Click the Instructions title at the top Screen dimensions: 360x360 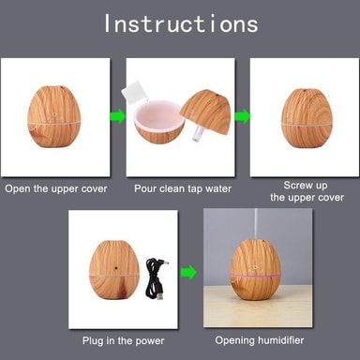181,23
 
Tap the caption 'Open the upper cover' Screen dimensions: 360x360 56,188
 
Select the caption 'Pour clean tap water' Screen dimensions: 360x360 183,188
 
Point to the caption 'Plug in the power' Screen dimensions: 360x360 123,340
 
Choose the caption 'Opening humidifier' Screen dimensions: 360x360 260,340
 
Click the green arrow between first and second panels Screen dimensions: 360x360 117,116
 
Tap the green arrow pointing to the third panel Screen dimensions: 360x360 243,116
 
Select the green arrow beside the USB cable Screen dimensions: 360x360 188,273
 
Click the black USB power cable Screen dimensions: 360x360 156,278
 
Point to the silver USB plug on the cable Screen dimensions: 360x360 160,296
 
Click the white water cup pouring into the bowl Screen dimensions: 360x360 134,91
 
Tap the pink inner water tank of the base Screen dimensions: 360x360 157,115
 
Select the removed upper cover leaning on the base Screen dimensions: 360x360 207,112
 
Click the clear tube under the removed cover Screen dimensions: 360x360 197,137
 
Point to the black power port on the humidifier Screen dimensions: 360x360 116,268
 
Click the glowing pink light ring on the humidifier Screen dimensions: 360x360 255,276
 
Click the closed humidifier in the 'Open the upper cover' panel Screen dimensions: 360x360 54,116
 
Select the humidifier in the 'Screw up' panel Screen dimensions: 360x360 307,118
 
